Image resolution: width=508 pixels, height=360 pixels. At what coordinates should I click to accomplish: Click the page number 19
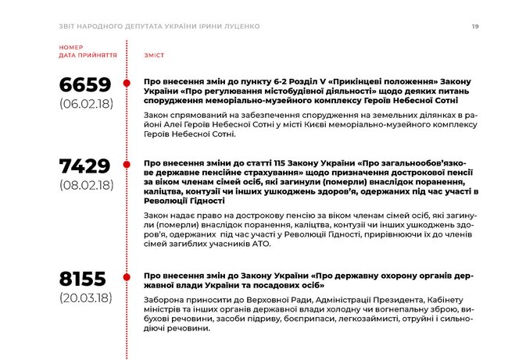475,27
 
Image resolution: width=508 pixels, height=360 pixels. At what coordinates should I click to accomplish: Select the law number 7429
85,166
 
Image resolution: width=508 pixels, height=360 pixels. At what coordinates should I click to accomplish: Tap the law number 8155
85,280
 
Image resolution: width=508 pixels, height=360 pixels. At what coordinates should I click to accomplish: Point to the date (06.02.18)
86,104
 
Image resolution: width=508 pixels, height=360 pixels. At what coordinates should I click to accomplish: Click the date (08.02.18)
86,185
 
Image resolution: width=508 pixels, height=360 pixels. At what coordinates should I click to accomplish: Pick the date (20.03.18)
86,298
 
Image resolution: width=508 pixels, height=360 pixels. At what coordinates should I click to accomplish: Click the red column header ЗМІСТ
153,56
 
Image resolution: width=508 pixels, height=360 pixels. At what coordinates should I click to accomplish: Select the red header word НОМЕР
71,48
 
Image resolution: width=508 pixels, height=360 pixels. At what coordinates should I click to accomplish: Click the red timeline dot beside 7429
127,163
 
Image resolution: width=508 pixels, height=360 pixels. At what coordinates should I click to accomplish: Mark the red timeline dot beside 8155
127,276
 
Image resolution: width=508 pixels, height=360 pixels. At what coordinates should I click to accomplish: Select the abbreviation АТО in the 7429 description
261,244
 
